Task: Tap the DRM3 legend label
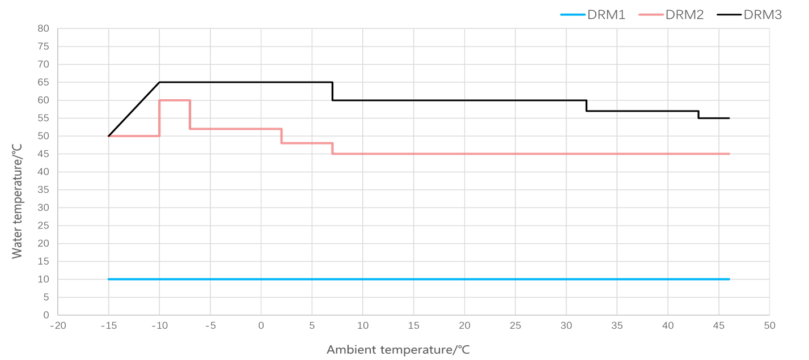[763, 15]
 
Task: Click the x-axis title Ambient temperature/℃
[398, 350]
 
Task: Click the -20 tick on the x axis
[57, 326]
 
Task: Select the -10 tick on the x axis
[159, 326]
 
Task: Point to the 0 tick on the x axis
[261, 326]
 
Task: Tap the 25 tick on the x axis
[515, 326]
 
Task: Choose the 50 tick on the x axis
[769, 326]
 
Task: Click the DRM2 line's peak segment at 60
[175, 100]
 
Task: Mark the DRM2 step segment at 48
[307, 143]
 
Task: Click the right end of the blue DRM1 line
[728, 279]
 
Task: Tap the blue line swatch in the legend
[573, 15]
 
